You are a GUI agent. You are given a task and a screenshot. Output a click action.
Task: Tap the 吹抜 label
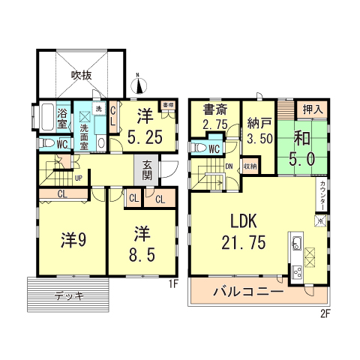pos(81,75)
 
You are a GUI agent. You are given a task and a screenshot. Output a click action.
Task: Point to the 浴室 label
pos(63,118)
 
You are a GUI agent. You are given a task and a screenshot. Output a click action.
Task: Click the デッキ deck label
pos(68,295)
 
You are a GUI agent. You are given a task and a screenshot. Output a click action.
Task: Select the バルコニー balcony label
pos(247,291)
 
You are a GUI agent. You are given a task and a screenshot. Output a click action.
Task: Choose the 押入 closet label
pos(313,109)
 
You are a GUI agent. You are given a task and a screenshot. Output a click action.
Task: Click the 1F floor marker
pos(172,284)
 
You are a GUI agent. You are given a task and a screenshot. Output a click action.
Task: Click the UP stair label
pos(78,178)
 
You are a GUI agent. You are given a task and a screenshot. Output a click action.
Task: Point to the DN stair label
pos(229,166)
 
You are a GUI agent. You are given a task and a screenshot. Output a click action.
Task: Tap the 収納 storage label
pos(250,166)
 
